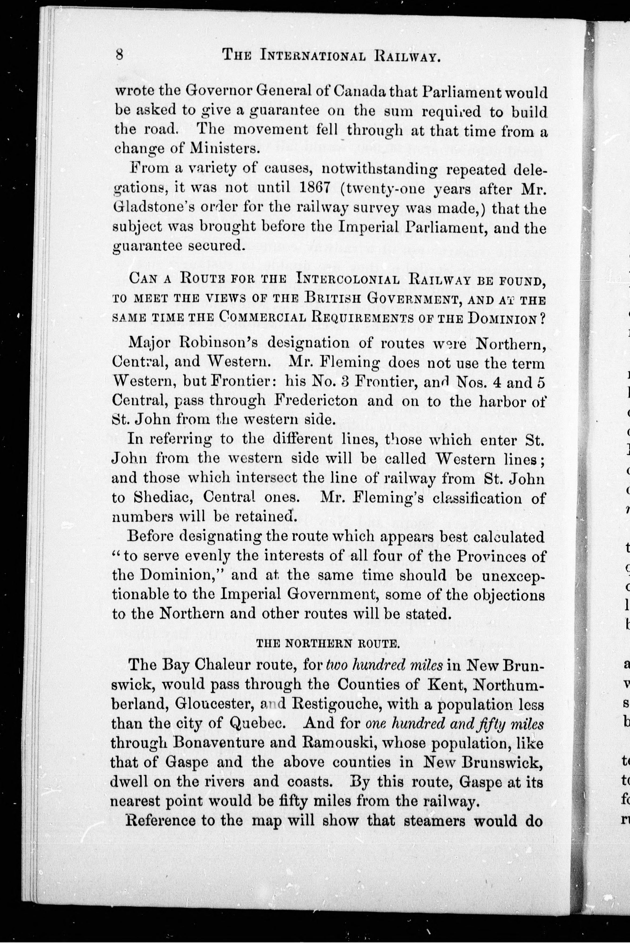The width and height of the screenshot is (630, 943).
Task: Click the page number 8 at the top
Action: [119, 54]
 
